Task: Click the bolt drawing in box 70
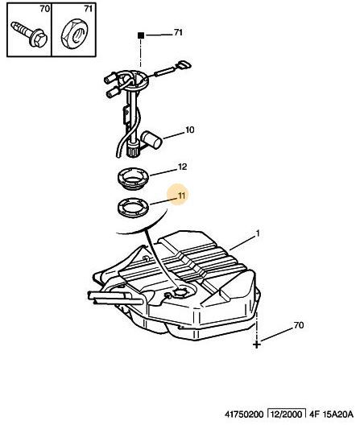click(29, 35)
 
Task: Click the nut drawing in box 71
click(74, 34)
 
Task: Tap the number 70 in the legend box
click(45, 9)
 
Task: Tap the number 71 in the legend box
click(88, 9)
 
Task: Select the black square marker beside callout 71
click(141, 35)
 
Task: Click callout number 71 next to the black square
click(178, 33)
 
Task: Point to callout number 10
click(190, 130)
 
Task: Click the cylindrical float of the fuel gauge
click(151, 140)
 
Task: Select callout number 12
click(182, 167)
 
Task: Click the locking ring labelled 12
click(134, 179)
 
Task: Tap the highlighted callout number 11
click(181, 196)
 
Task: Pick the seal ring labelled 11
click(134, 208)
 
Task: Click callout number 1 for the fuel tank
click(258, 233)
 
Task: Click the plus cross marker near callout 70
click(257, 344)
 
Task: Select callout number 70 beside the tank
click(299, 325)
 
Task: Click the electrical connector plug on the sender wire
click(184, 66)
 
